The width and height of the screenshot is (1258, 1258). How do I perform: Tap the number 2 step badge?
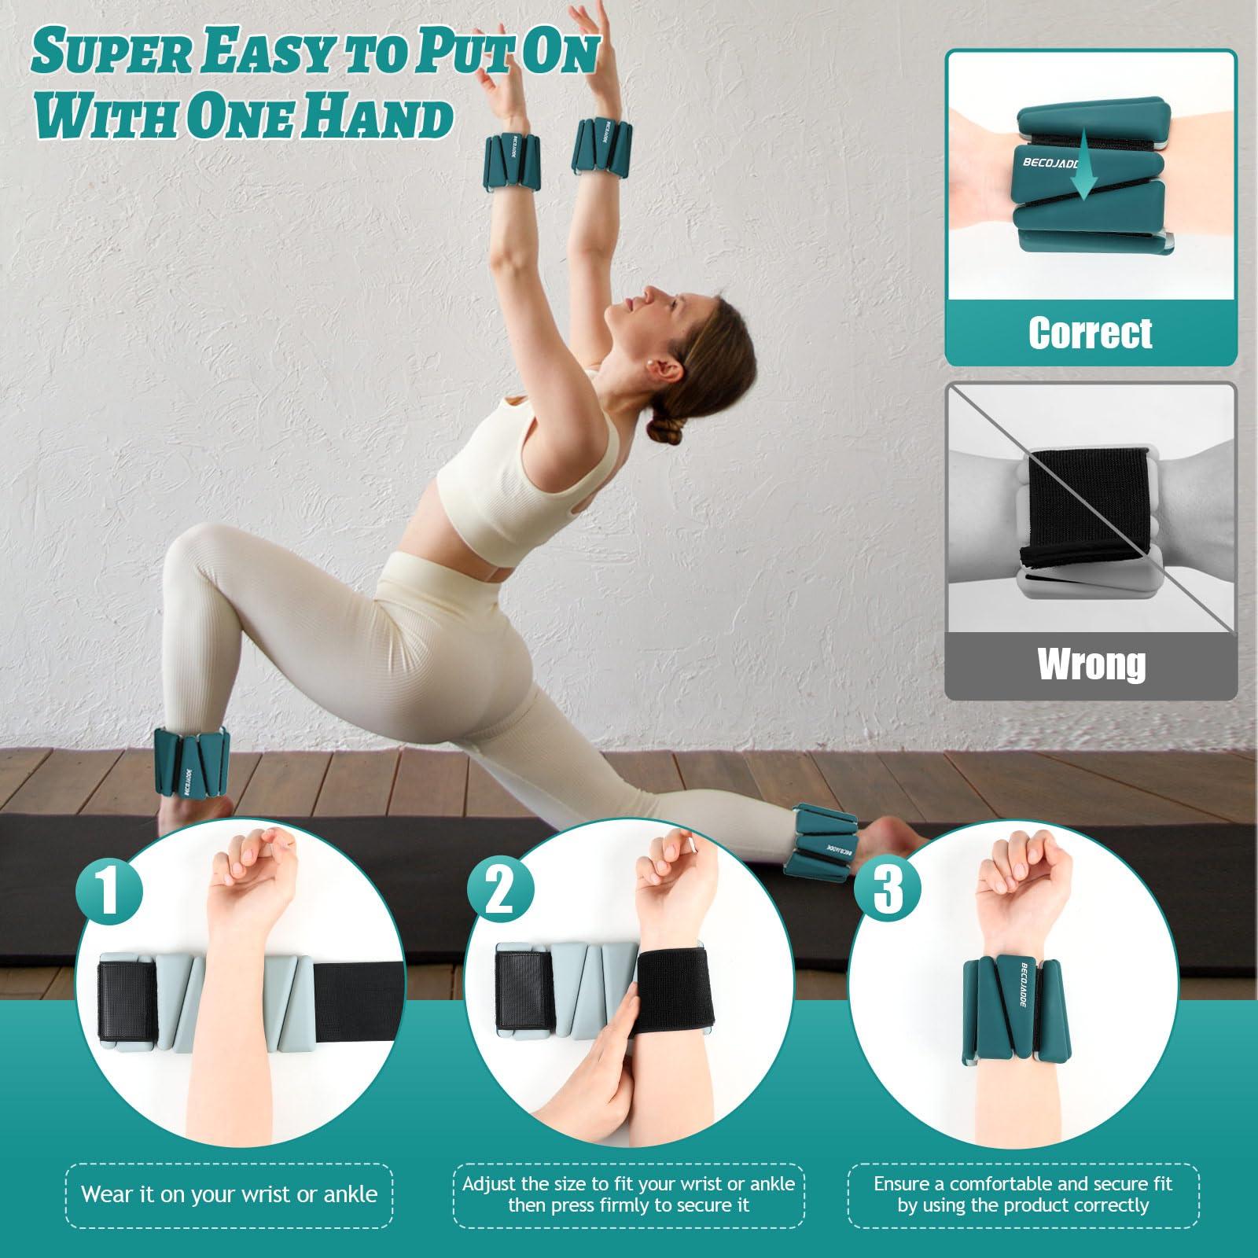point(500,888)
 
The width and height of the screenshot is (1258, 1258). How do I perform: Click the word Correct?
point(1090,333)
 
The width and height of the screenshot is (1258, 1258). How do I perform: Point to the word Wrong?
point(1091,664)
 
